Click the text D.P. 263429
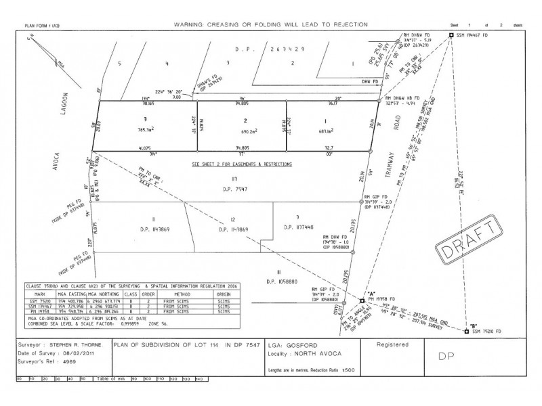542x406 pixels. click(x=251, y=50)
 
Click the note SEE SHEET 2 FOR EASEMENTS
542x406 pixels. click(x=242, y=164)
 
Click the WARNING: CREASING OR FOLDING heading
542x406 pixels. click(x=271, y=24)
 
